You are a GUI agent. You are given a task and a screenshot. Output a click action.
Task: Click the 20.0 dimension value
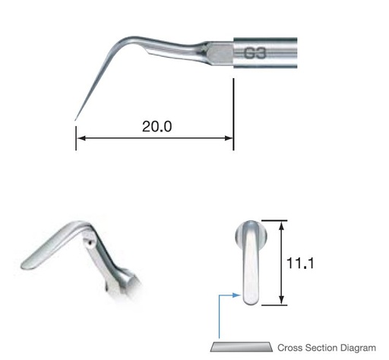tap(157, 126)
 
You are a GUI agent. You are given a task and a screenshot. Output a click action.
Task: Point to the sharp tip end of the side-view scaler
tap(76, 118)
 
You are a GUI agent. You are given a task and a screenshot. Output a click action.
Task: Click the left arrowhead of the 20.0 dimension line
tap(80, 138)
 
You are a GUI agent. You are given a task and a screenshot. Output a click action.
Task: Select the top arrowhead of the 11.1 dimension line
tap(283, 225)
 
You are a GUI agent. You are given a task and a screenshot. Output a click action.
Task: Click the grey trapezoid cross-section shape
tap(241, 347)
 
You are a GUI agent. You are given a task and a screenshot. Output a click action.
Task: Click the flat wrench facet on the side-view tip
tap(217, 52)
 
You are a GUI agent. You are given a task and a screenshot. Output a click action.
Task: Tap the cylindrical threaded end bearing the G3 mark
tap(266, 53)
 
